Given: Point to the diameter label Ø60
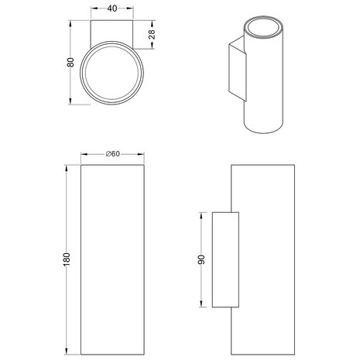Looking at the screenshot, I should click(x=115, y=155).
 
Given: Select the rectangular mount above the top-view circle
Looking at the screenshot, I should click(x=114, y=33).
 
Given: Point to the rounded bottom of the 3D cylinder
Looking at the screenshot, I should click(x=263, y=129).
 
